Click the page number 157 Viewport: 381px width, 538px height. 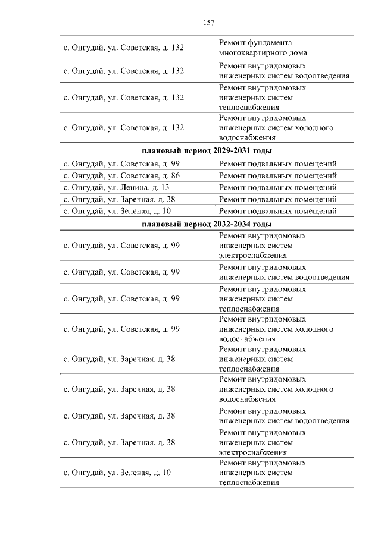pos(208,23)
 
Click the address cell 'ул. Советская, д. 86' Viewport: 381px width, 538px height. pos(122,176)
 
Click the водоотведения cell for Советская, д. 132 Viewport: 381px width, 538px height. pos(284,71)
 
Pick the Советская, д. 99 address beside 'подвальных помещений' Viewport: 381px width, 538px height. pos(122,163)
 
